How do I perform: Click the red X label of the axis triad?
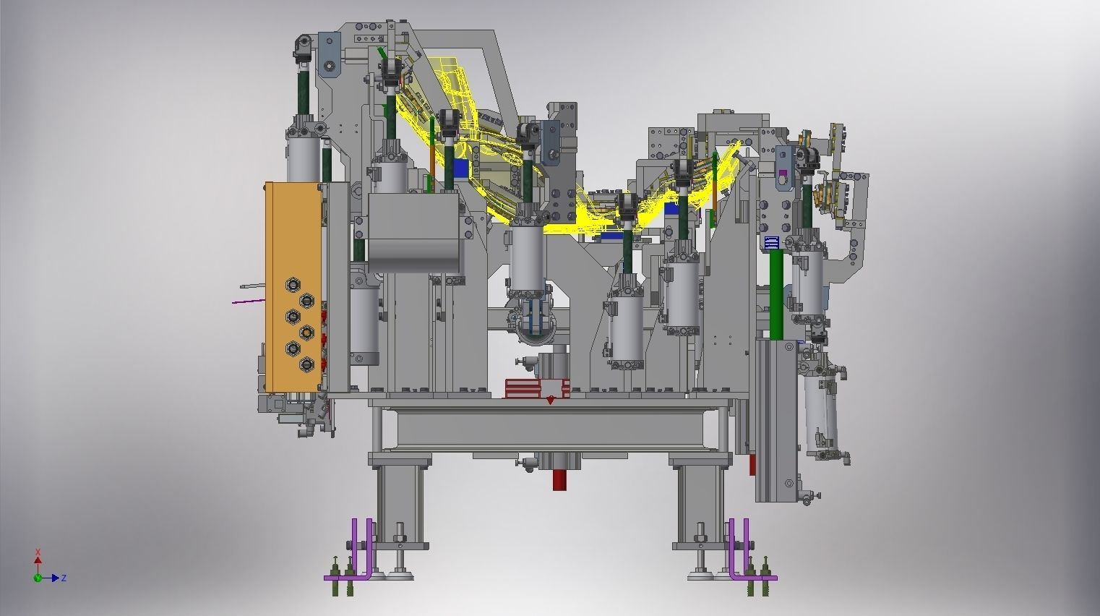point(38,552)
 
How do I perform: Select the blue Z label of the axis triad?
point(64,578)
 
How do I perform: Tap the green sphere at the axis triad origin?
point(38,578)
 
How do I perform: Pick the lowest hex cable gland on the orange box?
point(307,364)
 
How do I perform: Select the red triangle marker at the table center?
point(550,401)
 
